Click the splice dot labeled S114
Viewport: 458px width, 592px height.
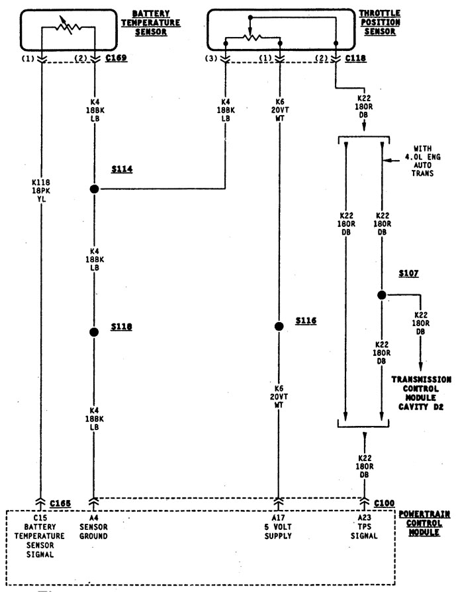point(94,189)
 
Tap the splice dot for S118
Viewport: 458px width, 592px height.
point(94,332)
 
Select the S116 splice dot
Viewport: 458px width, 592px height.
point(279,326)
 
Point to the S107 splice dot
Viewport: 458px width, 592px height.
point(382,295)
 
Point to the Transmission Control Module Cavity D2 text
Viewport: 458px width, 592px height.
point(421,392)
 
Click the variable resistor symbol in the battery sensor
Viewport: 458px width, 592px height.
point(68,27)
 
